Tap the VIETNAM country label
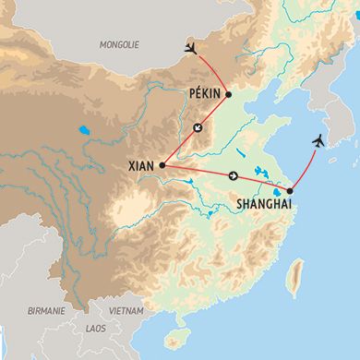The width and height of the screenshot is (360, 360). [127, 312]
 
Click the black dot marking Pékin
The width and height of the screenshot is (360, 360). [228, 94]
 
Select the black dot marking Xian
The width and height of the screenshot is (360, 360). [162, 165]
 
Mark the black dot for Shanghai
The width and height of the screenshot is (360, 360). [290, 191]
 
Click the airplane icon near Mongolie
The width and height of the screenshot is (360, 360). [191, 48]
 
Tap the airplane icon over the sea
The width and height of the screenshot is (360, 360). [318, 140]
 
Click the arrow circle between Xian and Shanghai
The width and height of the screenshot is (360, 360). [234, 176]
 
